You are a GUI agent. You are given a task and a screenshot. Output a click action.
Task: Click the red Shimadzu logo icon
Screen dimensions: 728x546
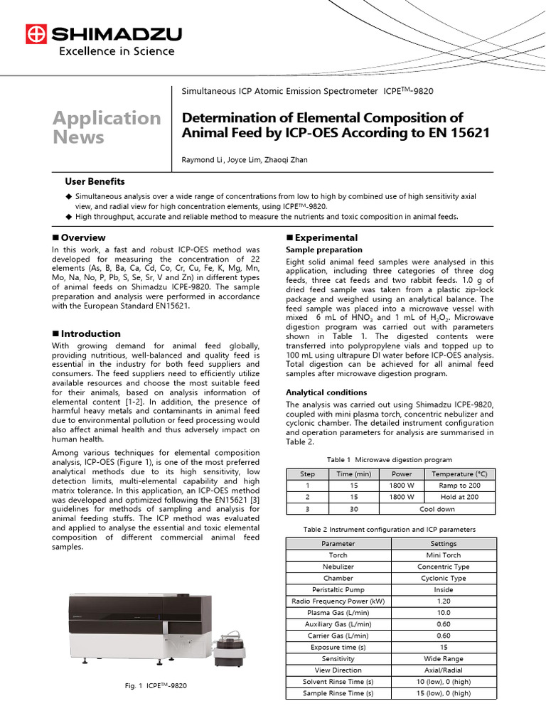35,34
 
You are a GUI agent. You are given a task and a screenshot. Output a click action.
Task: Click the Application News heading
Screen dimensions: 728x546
107,127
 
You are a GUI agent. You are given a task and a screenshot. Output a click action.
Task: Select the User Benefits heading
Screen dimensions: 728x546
95,182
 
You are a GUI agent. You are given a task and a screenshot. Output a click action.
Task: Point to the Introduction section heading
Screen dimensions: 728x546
90,333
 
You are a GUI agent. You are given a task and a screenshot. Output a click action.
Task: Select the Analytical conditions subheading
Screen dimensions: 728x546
326,392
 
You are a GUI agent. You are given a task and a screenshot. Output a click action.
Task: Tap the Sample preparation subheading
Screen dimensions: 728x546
323,250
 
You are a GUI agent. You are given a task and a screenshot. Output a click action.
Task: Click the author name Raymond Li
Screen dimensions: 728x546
205,160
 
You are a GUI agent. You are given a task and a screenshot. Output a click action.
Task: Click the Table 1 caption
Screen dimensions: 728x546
390,460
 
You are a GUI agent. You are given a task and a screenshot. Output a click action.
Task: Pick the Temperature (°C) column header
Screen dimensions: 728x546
460,474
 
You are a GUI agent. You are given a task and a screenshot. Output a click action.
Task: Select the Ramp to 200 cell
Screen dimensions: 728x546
460,486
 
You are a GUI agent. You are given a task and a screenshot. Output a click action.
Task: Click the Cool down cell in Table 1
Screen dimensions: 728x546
437,508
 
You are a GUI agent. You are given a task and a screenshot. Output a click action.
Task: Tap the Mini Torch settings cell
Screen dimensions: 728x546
443,555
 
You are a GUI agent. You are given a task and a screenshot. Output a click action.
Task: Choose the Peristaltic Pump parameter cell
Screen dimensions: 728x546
338,589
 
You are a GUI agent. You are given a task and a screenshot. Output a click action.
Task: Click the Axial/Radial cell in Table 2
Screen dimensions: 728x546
443,670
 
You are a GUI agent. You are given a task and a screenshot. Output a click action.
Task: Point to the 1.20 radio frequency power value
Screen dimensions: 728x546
443,601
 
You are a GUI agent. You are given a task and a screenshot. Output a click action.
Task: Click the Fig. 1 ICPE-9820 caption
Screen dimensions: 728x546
156,685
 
